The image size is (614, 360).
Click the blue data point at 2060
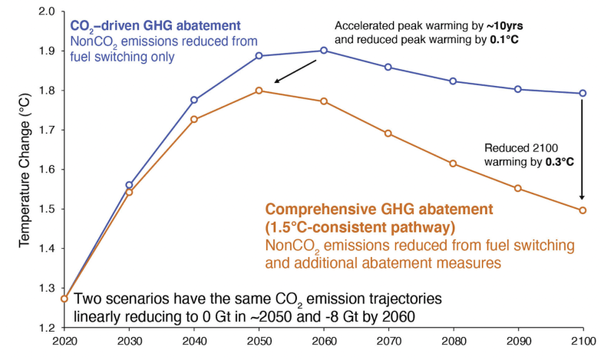(x=323, y=51)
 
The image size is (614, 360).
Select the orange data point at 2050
(x=259, y=91)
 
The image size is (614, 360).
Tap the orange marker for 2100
(x=583, y=210)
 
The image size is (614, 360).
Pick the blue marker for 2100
(x=583, y=94)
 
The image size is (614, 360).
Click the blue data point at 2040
(x=194, y=100)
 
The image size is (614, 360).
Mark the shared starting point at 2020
(x=64, y=299)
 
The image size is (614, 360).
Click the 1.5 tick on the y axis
(x=45, y=210)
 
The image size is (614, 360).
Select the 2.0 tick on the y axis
(x=45, y=12)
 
